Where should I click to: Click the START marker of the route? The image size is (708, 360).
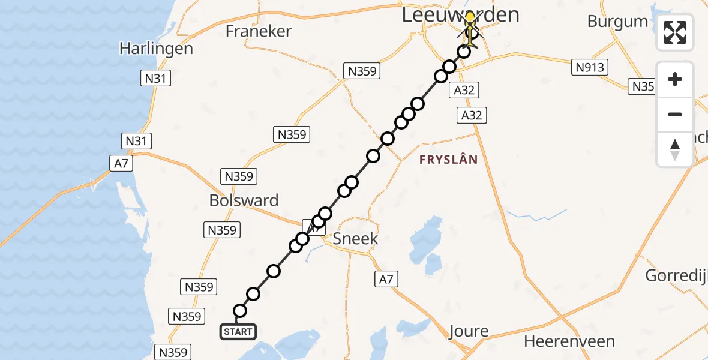(239, 331)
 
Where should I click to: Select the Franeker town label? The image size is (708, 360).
(259, 31)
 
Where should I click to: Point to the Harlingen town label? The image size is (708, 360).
(156, 48)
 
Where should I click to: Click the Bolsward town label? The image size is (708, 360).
(244, 200)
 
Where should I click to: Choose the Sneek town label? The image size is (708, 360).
(356, 238)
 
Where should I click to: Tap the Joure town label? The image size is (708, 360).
(468, 331)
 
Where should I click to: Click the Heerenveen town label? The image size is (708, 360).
(569, 341)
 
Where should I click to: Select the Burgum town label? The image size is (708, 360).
(617, 22)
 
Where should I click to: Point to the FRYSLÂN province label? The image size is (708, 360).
(449, 160)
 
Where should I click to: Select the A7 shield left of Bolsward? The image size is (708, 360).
(122, 163)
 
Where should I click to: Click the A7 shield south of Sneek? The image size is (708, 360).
(387, 278)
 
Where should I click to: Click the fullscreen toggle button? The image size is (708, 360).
(675, 32)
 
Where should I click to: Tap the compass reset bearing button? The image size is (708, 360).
(675, 149)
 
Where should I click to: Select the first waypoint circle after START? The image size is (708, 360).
(240, 310)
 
